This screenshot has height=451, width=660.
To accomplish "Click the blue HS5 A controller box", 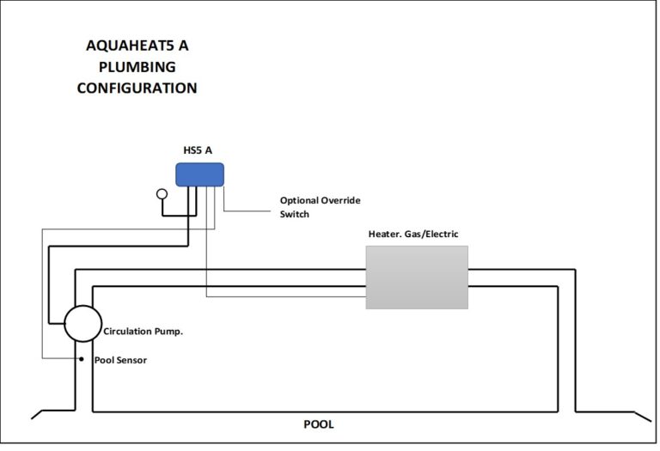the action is (x=199, y=174).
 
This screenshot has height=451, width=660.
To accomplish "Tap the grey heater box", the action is (x=417, y=277).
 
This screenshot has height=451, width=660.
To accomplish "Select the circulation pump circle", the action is (x=82, y=324).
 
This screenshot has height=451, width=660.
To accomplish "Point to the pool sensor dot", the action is (x=82, y=359).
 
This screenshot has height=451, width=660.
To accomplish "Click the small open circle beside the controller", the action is (x=162, y=193).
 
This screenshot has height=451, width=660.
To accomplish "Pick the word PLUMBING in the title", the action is (x=137, y=67).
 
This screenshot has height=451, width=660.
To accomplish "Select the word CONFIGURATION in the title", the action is (x=137, y=88).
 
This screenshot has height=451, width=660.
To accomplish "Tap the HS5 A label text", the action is (x=198, y=150).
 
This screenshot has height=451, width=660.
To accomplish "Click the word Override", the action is (x=340, y=200).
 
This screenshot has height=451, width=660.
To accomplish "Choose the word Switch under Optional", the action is (x=295, y=214).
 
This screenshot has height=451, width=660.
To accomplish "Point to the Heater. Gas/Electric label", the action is (x=413, y=234).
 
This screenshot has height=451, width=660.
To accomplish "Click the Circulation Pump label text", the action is (x=144, y=332).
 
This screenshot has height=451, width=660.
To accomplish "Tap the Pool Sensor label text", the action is (x=121, y=360).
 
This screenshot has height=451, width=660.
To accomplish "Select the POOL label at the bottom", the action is (x=319, y=424).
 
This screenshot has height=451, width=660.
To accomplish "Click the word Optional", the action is (x=299, y=201).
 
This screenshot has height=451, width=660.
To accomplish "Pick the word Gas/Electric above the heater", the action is (x=431, y=234).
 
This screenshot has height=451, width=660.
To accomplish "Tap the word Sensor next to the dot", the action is (x=132, y=360).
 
